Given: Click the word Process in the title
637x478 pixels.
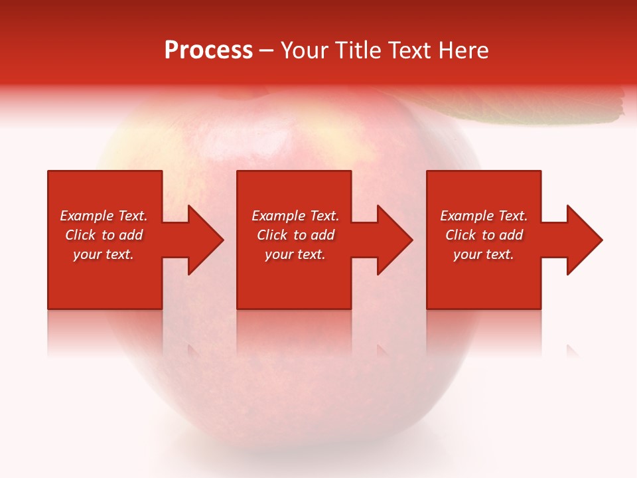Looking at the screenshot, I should coord(208,50).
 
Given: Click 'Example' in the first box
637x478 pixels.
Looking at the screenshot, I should coord(86,216).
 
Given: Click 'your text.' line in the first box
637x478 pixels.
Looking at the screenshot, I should coord(104,254).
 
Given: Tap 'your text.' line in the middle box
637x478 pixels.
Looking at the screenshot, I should coord(295,254).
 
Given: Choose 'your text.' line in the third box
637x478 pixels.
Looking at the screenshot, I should coord(484,254).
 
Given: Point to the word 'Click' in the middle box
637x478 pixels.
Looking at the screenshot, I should coord(272,235).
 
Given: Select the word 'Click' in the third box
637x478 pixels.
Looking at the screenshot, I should coord(460,235).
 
